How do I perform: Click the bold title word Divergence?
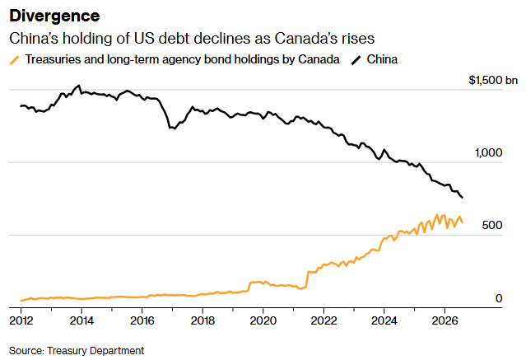(x=54, y=16)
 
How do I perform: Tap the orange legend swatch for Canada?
(x=15, y=60)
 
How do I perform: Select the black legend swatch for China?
(x=356, y=60)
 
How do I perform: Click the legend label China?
(x=382, y=59)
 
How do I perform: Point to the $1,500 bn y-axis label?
(x=493, y=80)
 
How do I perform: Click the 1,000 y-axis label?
(x=488, y=152)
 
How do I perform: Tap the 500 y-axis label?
(x=492, y=225)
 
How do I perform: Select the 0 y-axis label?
(x=499, y=298)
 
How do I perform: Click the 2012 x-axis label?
(x=21, y=320)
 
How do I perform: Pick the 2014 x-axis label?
(x=81, y=320)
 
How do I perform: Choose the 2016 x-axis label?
(x=142, y=320)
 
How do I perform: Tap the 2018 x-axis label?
(x=202, y=320)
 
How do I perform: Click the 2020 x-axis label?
(x=263, y=320)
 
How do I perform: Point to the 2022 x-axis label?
(x=324, y=320)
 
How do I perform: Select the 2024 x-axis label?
(x=384, y=320)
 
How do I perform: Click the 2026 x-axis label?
(x=445, y=320)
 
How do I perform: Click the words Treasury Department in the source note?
(x=95, y=351)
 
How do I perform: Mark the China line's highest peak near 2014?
(x=79, y=86)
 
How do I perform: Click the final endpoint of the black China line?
(x=463, y=198)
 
